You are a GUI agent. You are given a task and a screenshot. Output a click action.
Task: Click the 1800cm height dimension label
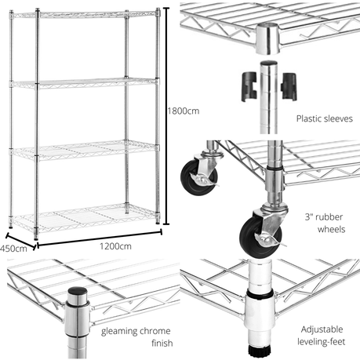pos(184,111)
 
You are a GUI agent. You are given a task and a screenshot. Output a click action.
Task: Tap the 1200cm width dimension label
pos(115,246)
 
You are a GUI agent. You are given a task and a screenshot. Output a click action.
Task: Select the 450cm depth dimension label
pos(13,249)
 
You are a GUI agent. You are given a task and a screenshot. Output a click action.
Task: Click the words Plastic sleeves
pos(325,118)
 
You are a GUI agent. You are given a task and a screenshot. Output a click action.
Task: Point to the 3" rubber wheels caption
pos(325,223)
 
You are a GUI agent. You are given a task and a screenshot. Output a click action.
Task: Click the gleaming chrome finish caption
pos(136,336)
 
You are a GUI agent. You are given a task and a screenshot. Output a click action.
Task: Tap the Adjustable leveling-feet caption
pos(322,336)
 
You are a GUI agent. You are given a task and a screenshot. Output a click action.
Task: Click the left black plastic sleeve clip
pos(249,86)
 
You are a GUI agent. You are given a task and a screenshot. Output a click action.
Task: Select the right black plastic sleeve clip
pos(289,86)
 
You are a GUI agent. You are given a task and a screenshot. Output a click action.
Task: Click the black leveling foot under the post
pos(259,351)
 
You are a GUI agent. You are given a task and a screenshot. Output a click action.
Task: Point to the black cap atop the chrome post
pos(78,291)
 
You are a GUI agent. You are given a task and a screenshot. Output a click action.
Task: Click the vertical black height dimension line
pos(165,116)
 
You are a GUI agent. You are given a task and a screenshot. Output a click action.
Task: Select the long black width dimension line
pos(100,238)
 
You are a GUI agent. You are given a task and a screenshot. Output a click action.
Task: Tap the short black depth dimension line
pos(20,241)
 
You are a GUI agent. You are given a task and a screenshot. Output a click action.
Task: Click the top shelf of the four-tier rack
pos(84,15)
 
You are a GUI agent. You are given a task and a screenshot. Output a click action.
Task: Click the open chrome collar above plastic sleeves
pos(267,38)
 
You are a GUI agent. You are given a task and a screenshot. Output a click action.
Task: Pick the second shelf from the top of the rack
pos(84,82)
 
